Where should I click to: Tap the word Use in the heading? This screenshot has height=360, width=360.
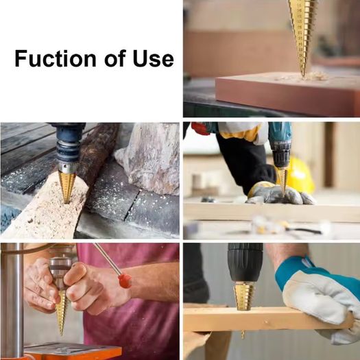pos(153,58)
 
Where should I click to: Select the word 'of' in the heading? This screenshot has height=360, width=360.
pos(115,58)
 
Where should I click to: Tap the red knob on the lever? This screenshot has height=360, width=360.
pos(125,280)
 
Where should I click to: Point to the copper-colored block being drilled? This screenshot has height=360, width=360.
pos(287,93)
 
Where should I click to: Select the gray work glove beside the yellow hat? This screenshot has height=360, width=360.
pos(279,193)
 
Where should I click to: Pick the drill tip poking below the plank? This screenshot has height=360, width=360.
pos(243,335)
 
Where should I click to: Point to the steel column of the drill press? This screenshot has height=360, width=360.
pos(12,298)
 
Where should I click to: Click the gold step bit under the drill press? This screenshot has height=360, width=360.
pos(61,312)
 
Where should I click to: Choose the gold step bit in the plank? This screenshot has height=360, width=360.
pos(244,296)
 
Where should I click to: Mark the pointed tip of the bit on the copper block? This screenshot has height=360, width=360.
pos(303,76)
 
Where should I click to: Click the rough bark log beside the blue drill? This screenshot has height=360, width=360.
pos(97,152)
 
